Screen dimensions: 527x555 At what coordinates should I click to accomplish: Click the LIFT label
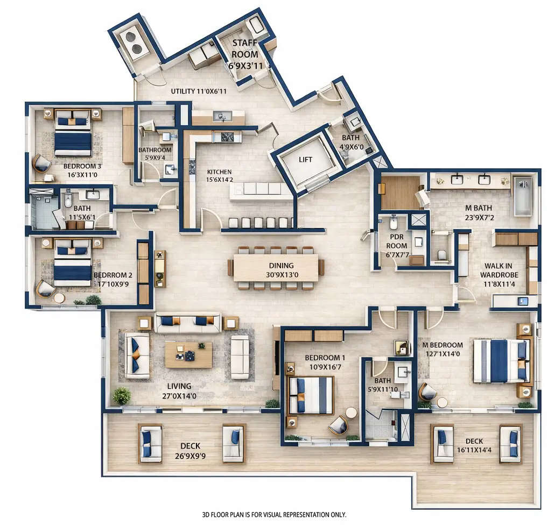click(305, 160)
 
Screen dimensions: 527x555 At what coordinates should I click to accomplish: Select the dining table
click(276, 267)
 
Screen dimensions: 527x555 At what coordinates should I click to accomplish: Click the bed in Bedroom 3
click(73, 134)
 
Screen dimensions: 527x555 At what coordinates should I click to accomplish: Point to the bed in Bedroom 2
click(73, 263)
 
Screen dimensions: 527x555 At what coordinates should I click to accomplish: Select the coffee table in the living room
click(188, 354)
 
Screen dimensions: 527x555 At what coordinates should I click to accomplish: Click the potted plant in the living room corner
click(122, 396)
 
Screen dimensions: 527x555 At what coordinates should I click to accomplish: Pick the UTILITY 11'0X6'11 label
click(199, 91)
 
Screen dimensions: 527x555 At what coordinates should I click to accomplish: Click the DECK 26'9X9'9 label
click(191, 450)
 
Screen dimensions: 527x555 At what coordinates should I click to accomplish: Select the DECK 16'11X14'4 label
click(474, 446)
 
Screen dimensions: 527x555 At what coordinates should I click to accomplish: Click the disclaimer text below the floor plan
click(274, 515)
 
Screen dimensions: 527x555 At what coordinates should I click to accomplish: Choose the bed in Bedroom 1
click(311, 395)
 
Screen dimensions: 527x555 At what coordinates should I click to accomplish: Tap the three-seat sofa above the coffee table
click(187, 323)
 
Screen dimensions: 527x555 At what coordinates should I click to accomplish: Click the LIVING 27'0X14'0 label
click(179, 390)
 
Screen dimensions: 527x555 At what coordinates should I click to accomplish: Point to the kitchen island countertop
click(256, 189)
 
